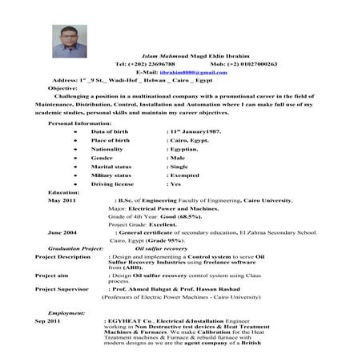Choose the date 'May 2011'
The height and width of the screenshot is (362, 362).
pos(62,201)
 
